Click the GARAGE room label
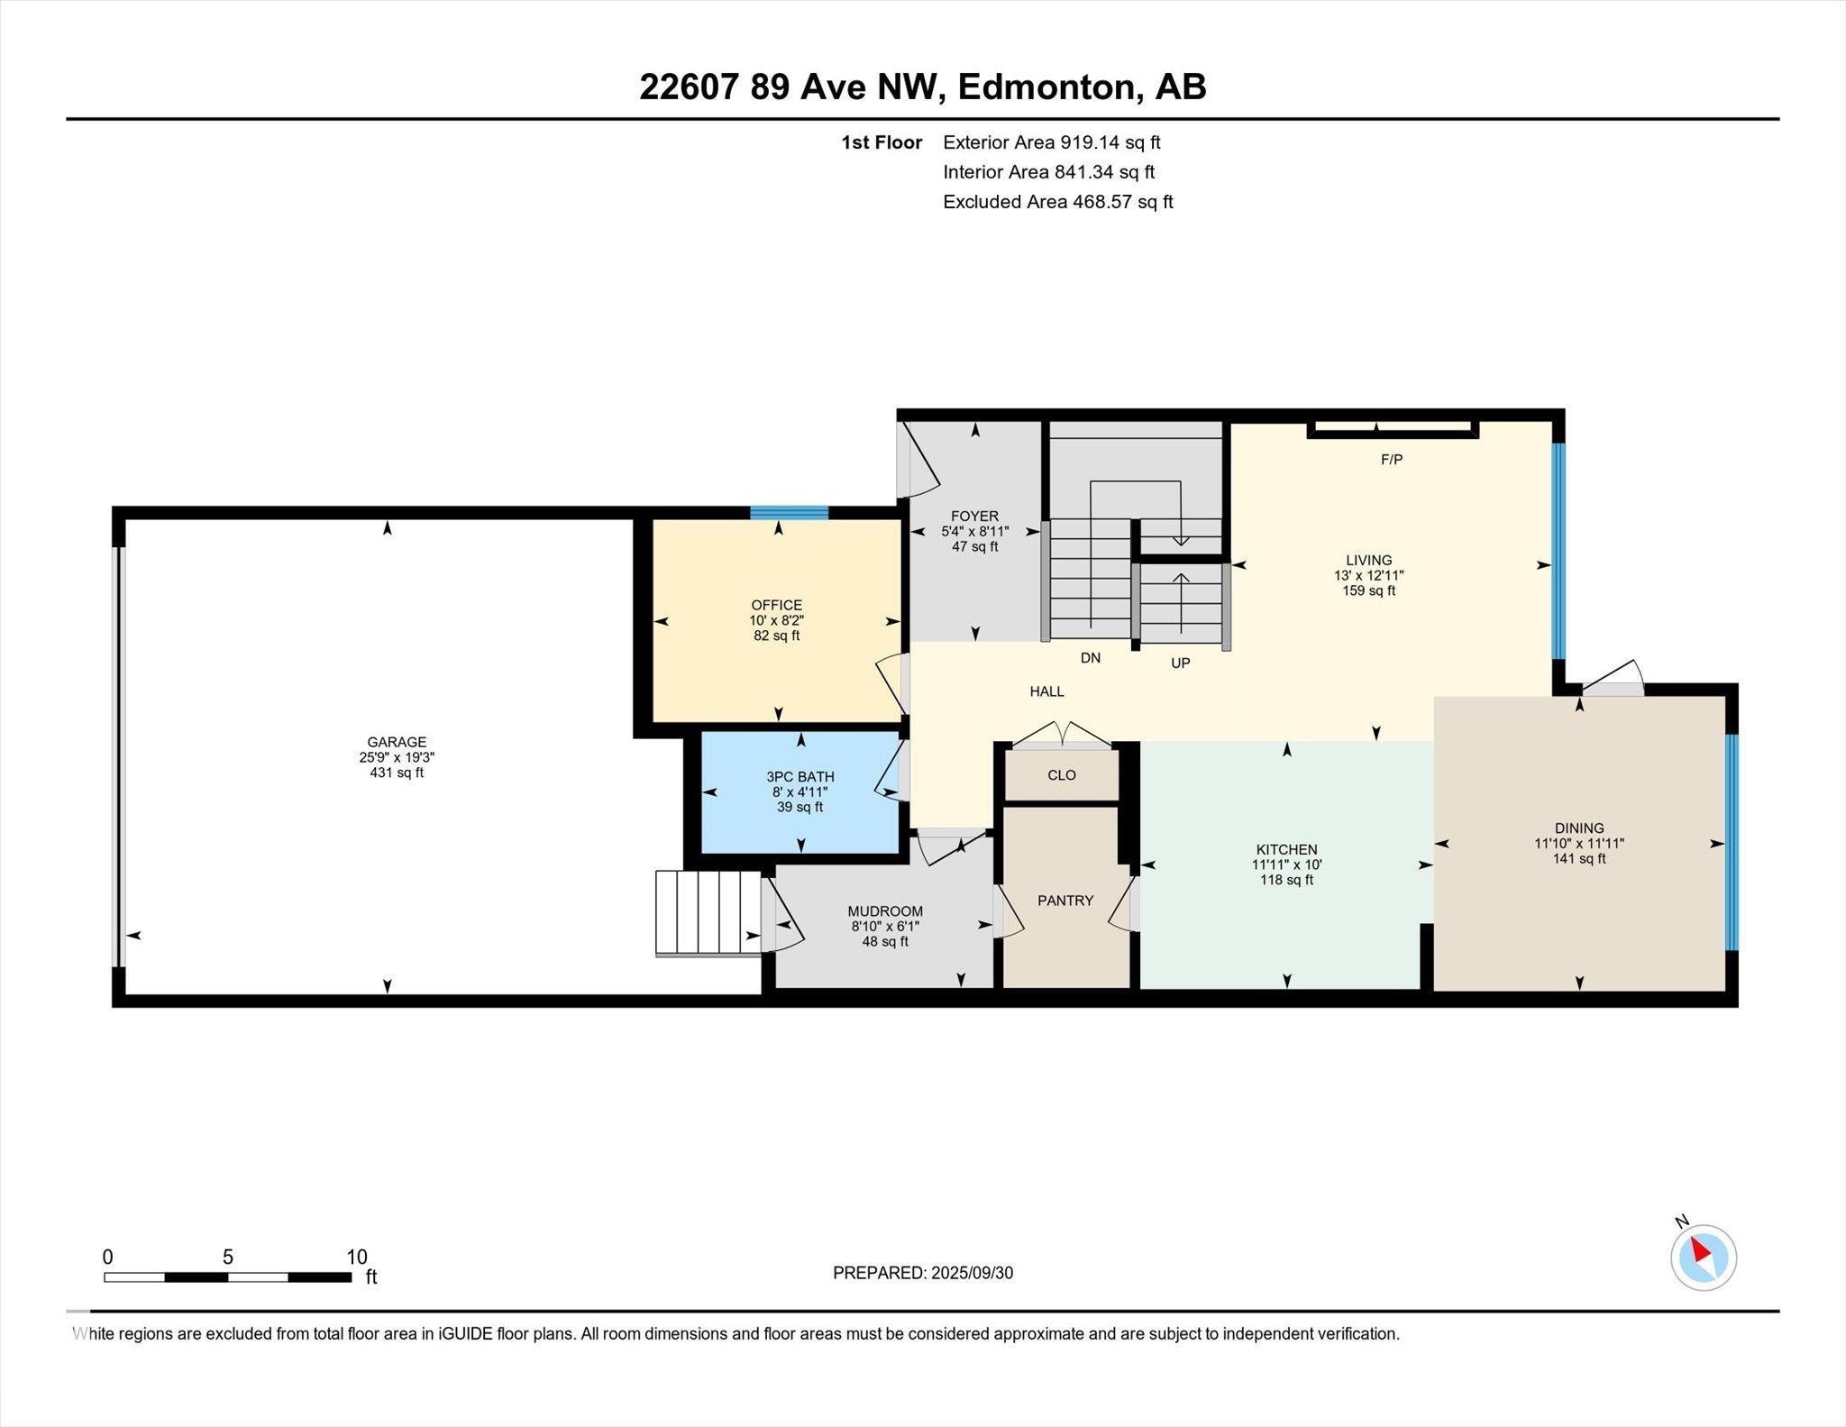397,743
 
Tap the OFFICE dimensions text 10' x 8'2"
776,621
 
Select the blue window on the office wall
789,513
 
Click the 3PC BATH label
800,776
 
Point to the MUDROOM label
884,911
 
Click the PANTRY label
1065,901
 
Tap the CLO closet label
1061,775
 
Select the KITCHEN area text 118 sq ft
1286,880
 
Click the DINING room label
1578,828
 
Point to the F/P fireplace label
1391,460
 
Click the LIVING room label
1368,560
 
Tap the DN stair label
1090,658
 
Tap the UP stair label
1180,663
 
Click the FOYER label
974,517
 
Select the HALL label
1046,691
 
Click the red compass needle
1699,1250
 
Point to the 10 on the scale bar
357,1257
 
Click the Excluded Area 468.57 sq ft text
1057,202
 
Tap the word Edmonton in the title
1045,87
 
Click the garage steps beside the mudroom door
708,911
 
